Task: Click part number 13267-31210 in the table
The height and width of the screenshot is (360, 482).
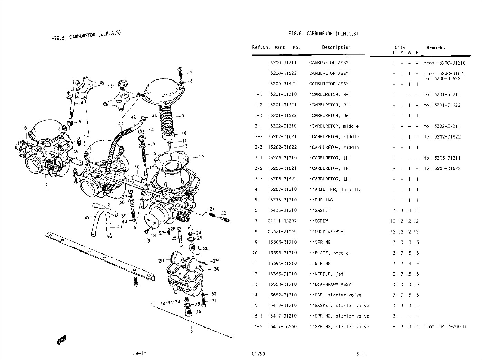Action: (x=282, y=189)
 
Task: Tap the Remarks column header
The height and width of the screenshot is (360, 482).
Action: (x=435, y=48)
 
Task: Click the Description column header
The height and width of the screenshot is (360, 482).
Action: (x=336, y=47)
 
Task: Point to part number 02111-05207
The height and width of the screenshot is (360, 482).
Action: (x=282, y=221)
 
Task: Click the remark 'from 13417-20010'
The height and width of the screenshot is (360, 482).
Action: (x=445, y=326)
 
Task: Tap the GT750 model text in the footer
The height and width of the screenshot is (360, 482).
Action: (x=259, y=353)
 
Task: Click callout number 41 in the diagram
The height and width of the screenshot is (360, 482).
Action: (x=109, y=86)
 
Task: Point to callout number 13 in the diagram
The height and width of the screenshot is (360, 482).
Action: (x=201, y=157)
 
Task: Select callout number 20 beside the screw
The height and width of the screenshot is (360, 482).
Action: (x=224, y=213)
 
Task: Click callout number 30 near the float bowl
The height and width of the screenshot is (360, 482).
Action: (x=216, y=269)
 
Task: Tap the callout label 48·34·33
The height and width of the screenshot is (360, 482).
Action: (x=170, y=303)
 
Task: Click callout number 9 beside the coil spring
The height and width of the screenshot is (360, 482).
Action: (x=183, y=116)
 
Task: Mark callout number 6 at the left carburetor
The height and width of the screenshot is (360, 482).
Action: (x=25, y=128)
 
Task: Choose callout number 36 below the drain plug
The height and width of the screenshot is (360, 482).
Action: (x=198, y=312)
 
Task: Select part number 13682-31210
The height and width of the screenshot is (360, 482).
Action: (x=282, y=295)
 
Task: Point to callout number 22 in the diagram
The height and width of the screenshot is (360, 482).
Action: (x=205, y=249)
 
